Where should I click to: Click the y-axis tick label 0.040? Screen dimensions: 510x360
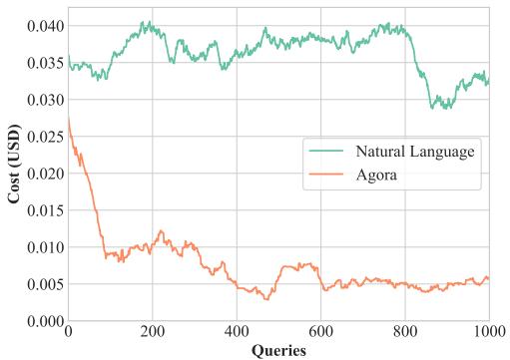pos(45,26)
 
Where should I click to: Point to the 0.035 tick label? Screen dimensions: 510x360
pos(45,63)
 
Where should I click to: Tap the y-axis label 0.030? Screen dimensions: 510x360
pos(45,100)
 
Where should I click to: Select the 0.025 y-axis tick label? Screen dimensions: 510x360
pos(45,137)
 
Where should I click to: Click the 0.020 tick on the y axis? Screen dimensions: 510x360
pos(45,174)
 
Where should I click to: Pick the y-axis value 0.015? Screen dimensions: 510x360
pos(45,210)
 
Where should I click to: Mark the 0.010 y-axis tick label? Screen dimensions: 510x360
pos(45,247)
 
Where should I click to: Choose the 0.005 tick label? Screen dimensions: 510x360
pos(45,284)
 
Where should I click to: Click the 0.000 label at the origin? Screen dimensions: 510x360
pos(45,321)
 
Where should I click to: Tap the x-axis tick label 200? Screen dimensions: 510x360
pos(153,331)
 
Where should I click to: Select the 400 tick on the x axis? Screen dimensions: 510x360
pos(237,331)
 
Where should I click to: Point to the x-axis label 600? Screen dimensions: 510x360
pos(320,331)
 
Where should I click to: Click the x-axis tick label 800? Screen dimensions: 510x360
pos(405,331)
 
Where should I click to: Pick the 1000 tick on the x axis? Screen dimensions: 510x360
pos(489,331)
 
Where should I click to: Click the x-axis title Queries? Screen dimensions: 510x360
pos(278,351)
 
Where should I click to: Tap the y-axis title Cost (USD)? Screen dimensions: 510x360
pos(14,164)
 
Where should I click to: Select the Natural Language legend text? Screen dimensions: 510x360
pos(415,152)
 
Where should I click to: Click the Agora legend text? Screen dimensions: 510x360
pos(376,176)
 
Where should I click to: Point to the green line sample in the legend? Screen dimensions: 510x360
pos(326,151)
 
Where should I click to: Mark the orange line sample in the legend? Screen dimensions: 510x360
pos(326,174)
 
